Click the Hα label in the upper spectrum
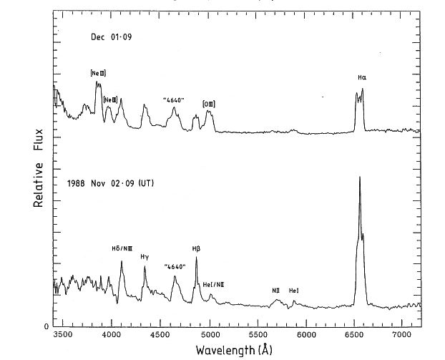(362, 77)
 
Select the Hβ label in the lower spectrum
(196, 248)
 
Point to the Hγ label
(145, 256)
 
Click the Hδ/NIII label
(122, 248)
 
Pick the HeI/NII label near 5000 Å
(213, 284)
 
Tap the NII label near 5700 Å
(275, 291)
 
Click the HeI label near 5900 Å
(294, 291)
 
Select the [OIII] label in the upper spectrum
(209, 104)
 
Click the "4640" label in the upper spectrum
(174, 100)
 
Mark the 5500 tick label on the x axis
(258, 334)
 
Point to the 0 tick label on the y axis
(47, 326)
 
